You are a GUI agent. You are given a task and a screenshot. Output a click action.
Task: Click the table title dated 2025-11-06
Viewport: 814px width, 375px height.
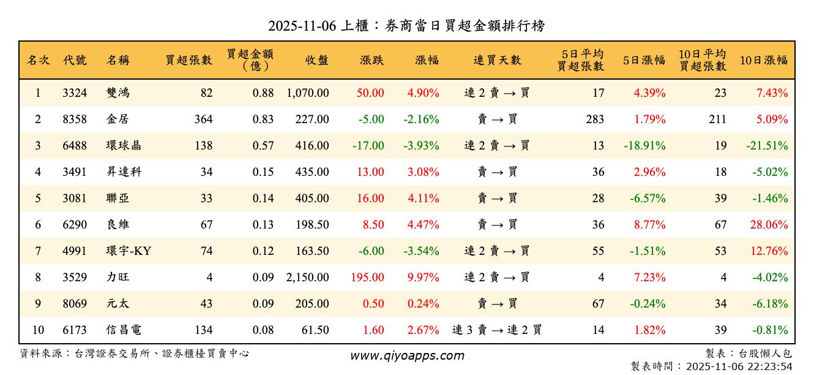point(406,26)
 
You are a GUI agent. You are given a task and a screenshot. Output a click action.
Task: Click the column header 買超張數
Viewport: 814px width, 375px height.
point(189,60)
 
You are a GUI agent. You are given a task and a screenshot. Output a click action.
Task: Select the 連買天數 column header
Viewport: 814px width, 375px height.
point(497,60)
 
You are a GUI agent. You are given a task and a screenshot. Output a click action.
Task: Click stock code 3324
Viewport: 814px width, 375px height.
point(75,93)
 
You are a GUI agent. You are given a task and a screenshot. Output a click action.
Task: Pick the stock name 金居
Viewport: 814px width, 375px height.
point(118,119)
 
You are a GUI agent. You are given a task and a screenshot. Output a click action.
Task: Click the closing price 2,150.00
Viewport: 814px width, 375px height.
point(307,278)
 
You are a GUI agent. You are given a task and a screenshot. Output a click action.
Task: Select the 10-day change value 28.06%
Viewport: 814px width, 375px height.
point(769,225)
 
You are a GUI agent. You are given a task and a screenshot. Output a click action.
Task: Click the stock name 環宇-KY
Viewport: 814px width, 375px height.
point(129,251)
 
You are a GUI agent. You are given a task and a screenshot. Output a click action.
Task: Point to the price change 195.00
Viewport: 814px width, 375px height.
point(368,278)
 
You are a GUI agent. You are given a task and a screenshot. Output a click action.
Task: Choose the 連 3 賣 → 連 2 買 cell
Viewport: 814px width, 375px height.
point(497,330)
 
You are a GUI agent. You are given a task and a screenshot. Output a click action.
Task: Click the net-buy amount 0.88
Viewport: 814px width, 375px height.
point(263,93)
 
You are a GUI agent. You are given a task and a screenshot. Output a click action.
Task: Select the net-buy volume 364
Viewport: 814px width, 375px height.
point(203,119)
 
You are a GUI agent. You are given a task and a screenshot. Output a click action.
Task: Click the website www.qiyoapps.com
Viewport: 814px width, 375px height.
point(407,356)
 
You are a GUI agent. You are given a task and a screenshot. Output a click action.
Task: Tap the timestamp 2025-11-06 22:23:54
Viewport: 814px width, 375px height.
point(739,366)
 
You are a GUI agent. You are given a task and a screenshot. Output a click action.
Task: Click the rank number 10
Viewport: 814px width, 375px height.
point(38,330)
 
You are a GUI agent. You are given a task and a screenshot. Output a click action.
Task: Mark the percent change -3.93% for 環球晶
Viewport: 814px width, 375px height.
point(421,146)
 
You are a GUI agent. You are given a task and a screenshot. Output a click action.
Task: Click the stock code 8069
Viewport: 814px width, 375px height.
point(75,304)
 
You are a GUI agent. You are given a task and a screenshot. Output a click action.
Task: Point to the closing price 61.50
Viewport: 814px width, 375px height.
point(316,330)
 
